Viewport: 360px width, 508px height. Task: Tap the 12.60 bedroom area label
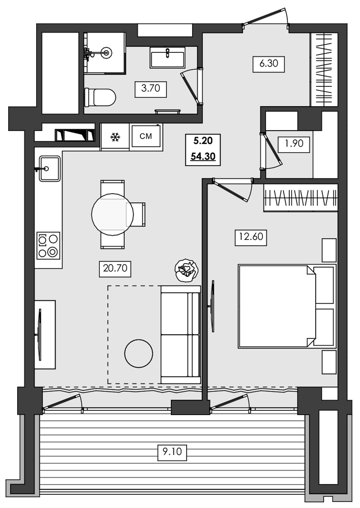(x=251, y=237)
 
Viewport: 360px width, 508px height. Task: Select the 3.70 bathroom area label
(x=151, y=88)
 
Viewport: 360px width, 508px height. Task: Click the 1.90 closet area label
(x=293, y=144)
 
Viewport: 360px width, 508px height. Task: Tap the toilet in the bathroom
(x=100, y=96)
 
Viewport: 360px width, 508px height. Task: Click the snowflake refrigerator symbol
(x=115, y=137)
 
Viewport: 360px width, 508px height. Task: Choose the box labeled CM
(x=146, y=136)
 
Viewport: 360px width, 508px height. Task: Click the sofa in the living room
(x=180, y=335)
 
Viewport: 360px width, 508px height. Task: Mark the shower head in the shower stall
(x=107, y=51)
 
